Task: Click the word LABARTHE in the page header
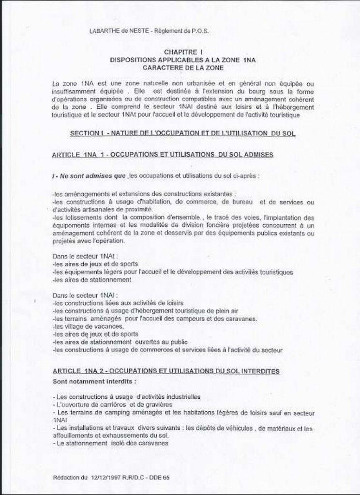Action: [x=105, y=31]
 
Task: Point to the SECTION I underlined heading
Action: [x=182, y=132]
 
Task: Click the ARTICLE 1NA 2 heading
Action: [x=165, y=371]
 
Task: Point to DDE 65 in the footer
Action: [x=159, y=478]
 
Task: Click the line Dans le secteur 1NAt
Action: [x=80, y=257]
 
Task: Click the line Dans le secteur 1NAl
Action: [x=80, y=294]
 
